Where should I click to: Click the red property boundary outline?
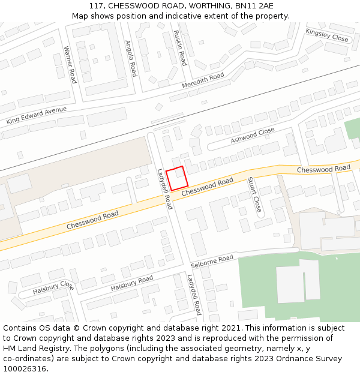click(177, 179)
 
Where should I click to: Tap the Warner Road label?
click(70, 64)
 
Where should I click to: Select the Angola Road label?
click(131, 58)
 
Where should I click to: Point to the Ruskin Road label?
click(180, 48)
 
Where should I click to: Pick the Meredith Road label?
click(203, 80)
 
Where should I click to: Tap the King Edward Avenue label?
click(37, 116)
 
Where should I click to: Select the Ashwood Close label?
click(253, 136)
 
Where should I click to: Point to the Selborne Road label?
click(212, 262)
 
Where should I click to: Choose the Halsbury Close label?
click(53, 287)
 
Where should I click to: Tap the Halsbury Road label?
click(131, 283)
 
